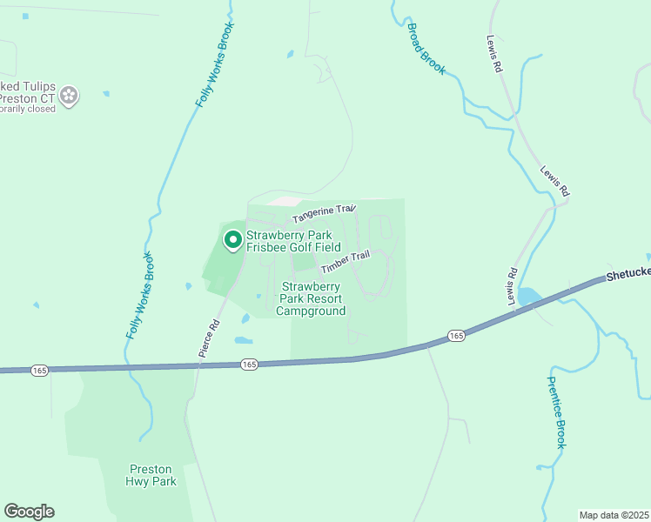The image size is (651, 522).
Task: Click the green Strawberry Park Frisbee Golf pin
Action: point(232,239)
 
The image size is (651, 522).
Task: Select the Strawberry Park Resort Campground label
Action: point(312,298)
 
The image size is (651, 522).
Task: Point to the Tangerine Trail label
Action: point(324,212)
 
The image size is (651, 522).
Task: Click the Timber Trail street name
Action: point(345,262)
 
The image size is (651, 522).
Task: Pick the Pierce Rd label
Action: point(209,338)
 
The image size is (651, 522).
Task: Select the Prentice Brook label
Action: point(557,412)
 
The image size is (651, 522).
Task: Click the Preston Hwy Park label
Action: point(152,474)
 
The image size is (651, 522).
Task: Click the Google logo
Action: point(29,512)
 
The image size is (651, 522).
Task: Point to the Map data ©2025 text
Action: point(614,515)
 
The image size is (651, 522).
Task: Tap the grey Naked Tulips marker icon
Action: point(70,96)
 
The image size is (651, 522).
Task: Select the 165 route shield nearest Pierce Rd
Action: point(250,365)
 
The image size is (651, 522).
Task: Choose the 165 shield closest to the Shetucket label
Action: point(456,336)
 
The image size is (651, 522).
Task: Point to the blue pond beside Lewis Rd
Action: point(528,298)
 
